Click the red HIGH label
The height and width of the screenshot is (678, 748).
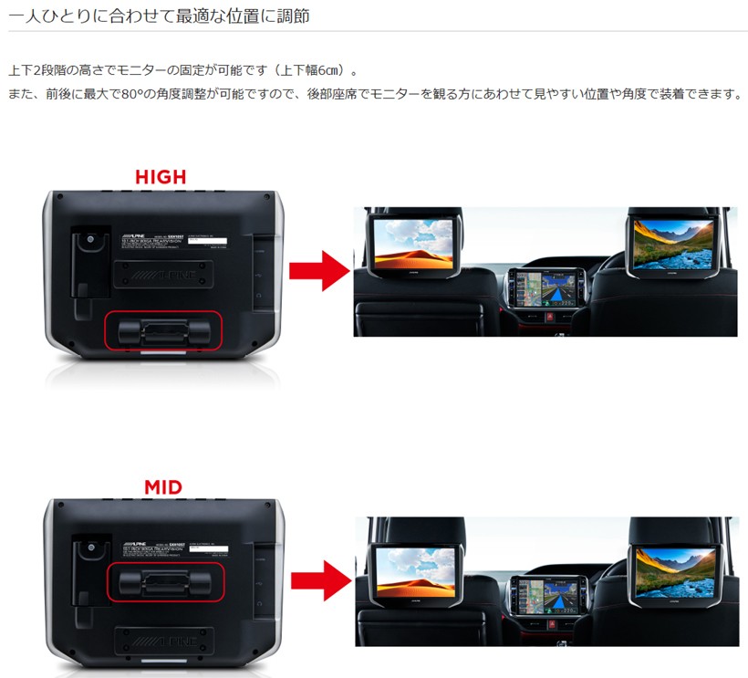tap(161, 177)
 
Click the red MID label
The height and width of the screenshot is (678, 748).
tap(163, 487)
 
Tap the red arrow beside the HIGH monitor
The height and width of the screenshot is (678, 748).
tap(318, 270)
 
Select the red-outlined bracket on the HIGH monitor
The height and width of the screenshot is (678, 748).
tap(164, 329)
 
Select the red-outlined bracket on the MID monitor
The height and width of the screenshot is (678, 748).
tap(164, 581)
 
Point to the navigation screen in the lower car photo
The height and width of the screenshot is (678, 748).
tap(544, 597)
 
